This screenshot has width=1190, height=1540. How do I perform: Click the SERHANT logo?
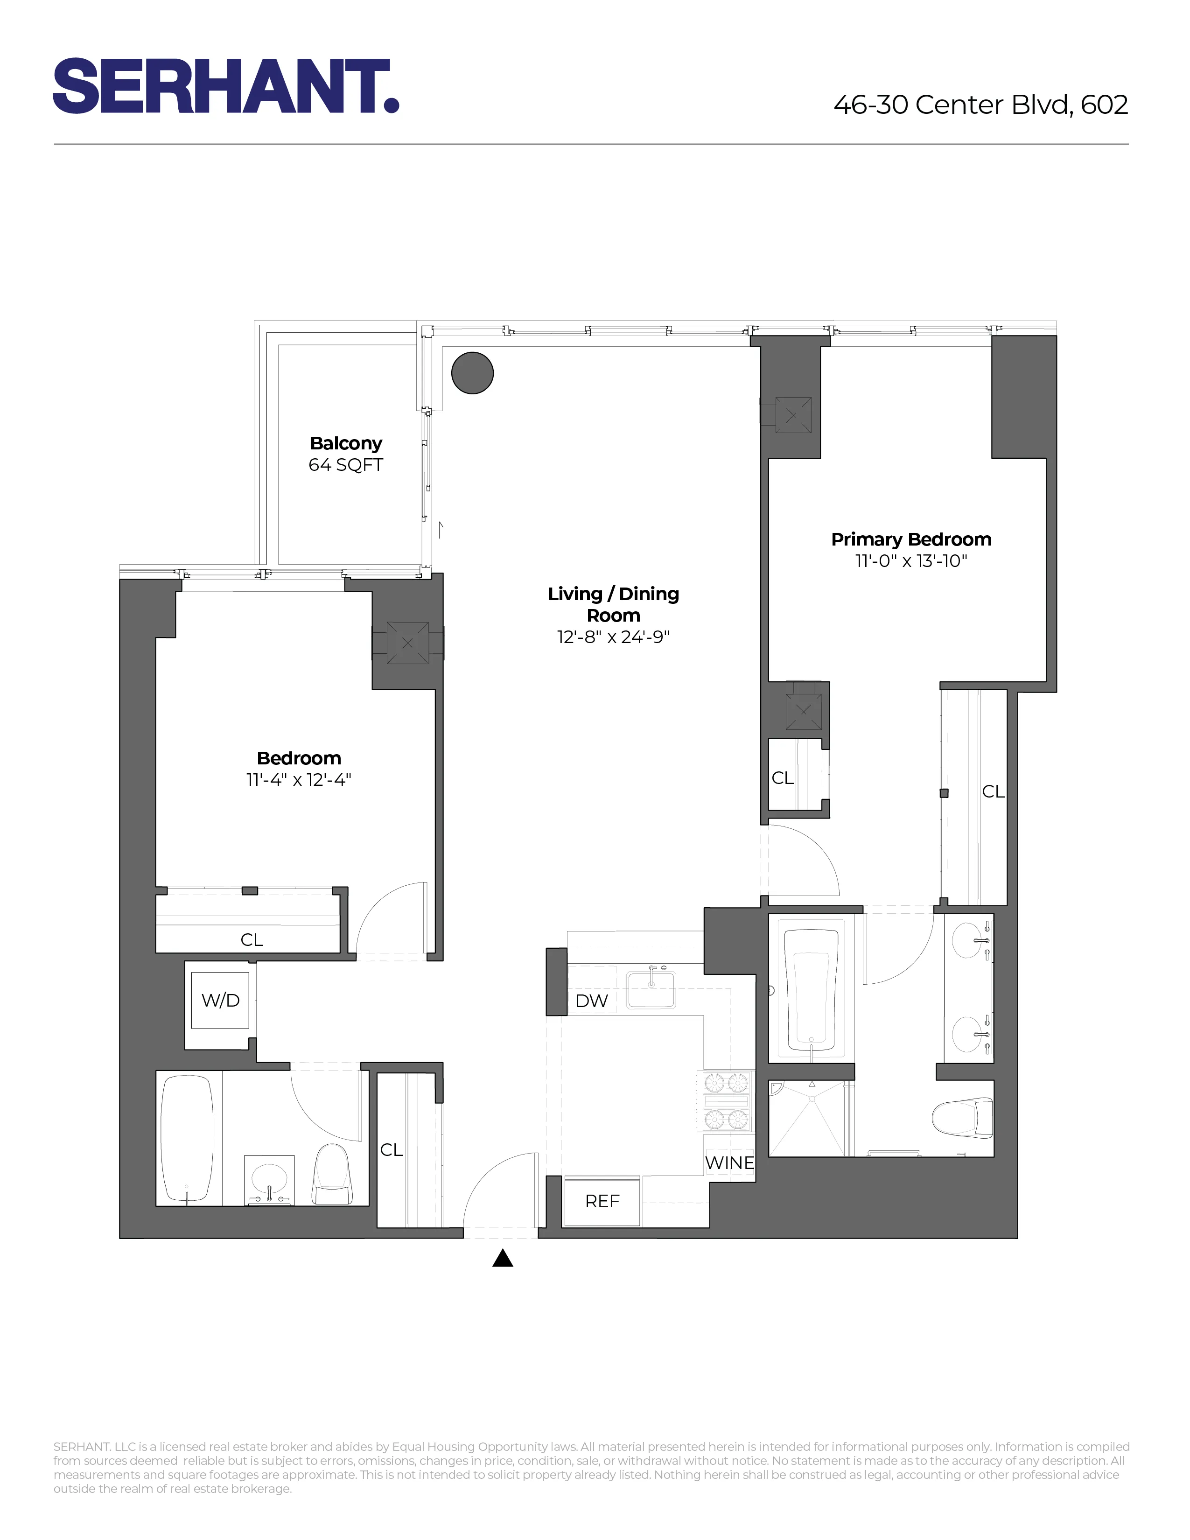coord(225,86)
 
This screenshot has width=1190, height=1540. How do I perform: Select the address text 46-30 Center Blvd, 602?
coord(980,105)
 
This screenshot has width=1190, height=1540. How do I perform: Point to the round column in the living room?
coord(472,373)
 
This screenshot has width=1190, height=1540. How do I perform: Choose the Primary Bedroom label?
coord(911,539)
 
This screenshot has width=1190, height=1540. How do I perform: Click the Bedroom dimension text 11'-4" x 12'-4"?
coord(299,780)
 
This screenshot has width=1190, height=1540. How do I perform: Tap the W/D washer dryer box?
coord(221,1000)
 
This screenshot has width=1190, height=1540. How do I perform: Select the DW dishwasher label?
coord(591,1001)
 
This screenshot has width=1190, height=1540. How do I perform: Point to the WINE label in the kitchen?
coord(730,1163)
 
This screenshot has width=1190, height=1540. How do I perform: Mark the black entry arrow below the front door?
coord(502,1258)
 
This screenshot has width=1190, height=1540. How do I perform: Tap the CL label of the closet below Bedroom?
coord(252,940)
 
